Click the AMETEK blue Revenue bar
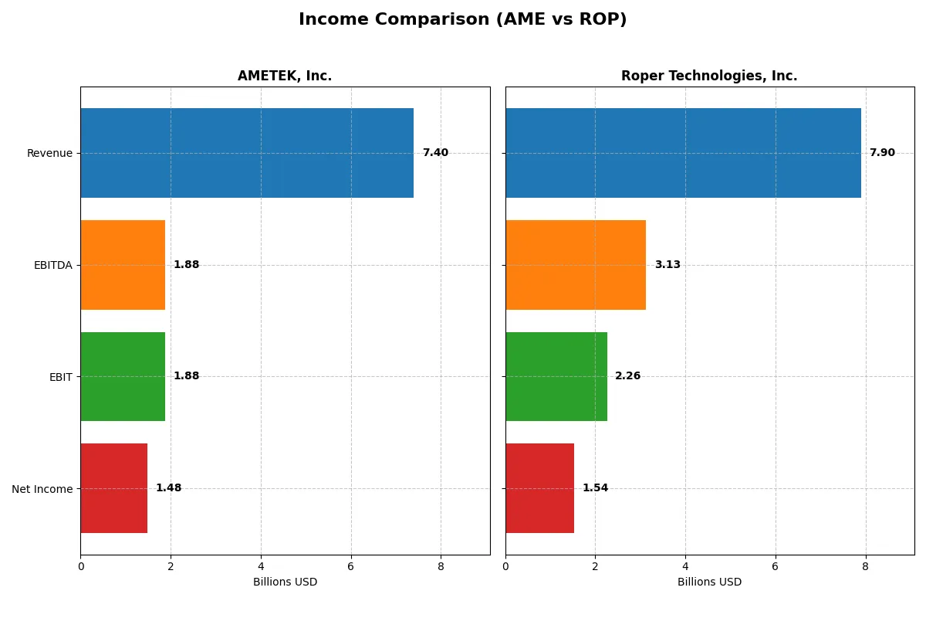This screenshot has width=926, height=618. click(247, 153)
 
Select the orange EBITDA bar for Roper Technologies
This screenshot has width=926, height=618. click(576, 265)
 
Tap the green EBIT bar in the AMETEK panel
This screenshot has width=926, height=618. click(123, 376)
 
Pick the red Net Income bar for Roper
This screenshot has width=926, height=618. click(539, 488)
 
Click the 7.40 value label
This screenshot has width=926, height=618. click(435, 153)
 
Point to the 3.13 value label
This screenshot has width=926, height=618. click(667, 265)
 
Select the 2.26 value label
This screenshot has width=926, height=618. click(628, 376)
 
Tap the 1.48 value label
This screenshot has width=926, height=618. click(168, 488)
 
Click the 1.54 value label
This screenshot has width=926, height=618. click(595, 488)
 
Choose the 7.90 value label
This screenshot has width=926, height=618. click(882, 153)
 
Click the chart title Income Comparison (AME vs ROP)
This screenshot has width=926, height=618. click(463, 20)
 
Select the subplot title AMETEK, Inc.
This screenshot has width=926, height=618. click(285, 76)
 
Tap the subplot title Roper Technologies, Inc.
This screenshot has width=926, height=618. click(709, 76)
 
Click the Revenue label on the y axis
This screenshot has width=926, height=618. click(49, 153)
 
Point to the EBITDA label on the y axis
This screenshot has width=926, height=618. click(52, 265)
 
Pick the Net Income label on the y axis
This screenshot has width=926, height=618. click(42, 488)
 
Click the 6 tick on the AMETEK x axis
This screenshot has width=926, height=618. click(351, 566)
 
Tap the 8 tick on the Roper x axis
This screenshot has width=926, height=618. click(866, 566)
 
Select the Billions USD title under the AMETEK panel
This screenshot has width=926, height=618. click(285, 582)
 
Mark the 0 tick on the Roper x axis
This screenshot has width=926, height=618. click(505, 566)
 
